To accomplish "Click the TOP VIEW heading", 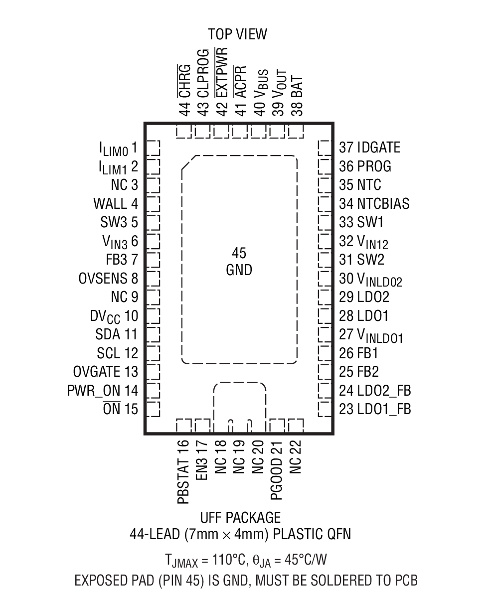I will [x=237, y=34].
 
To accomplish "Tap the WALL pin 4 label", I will [x=115, y=204].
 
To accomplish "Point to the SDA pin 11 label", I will [x=116, y=334].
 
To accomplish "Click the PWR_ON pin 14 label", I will [x=102, y=390].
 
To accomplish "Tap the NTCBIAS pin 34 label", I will [x=374, y=204].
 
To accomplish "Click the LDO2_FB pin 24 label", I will [x=375, y=390].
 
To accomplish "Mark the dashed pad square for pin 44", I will [x=184, y=132].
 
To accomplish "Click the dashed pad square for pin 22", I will [x=296, y=426].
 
